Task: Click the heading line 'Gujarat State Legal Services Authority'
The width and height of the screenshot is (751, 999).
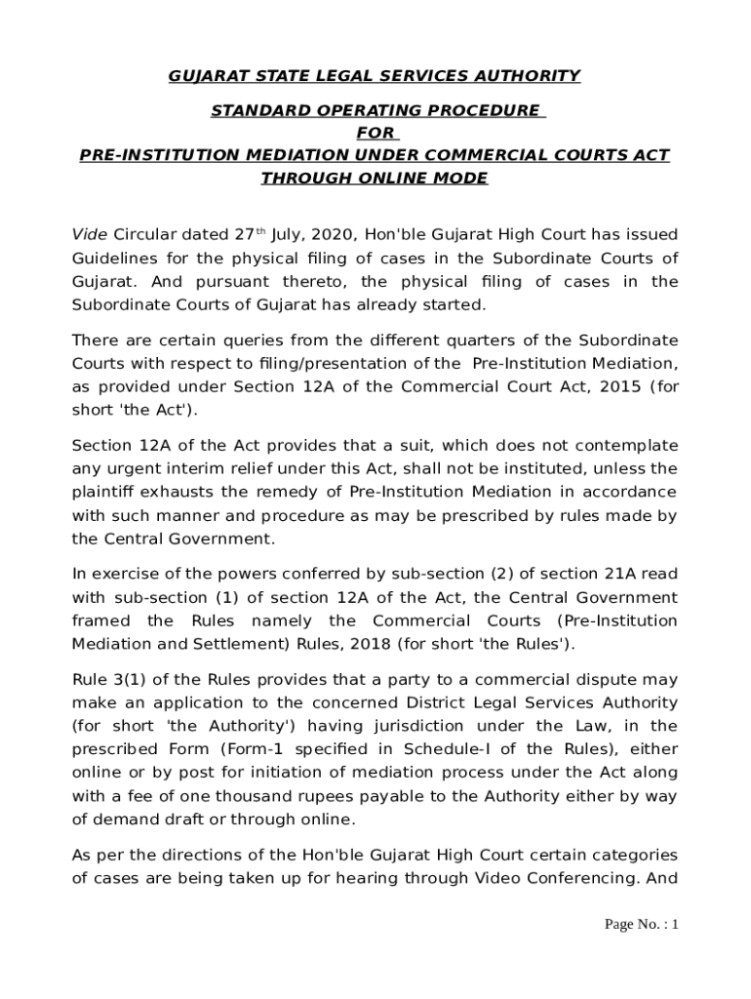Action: pyautogui.click(x=375, y=75)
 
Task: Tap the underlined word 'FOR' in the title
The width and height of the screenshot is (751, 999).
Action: pyautogui.click(x=375, y=133)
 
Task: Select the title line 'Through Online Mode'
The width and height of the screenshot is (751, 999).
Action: pyautogui.click(x=375, y=178)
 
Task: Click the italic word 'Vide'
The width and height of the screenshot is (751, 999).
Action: pyautogui.click(x=90, y=235)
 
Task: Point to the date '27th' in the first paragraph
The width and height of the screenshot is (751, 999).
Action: pyautogui.click(x=249, y=235)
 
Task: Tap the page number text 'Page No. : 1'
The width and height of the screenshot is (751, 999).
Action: pyautogui.click(x=641, y=924)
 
